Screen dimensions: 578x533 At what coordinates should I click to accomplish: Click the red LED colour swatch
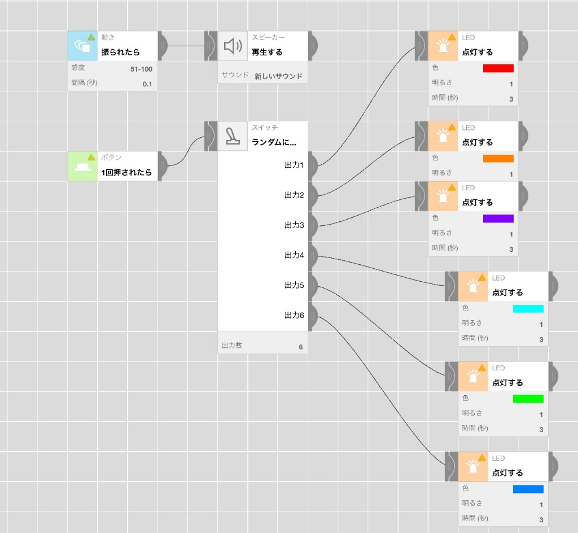coord(498,68)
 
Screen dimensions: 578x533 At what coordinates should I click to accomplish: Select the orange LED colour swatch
coord(498,159)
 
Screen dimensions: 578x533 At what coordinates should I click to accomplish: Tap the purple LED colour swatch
coord(498,219)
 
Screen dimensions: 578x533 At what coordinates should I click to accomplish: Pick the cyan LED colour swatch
coord(528,308)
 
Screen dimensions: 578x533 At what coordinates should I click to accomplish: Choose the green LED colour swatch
coord(528,399)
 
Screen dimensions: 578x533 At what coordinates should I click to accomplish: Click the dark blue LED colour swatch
coord(528,489)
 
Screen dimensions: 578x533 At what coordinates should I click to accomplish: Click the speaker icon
coord(233,46)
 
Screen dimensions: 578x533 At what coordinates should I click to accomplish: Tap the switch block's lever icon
coord(233,136)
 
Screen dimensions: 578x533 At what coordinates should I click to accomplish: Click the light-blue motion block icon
coord(82,46)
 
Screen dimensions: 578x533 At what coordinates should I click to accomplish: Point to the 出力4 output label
coord(294,255)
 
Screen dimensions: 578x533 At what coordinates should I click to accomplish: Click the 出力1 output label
coord(294,165)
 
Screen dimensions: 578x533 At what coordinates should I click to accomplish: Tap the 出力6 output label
coord(294,315)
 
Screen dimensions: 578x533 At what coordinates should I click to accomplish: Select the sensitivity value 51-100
coord(141,69)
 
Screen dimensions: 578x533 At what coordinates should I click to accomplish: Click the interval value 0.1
coord(147,84)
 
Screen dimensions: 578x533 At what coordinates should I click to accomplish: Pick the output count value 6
coord(301,347)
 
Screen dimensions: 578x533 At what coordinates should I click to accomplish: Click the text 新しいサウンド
coord(278,76)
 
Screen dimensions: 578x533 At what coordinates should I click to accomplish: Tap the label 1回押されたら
coord(126,172)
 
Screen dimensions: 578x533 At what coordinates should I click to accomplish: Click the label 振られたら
coord(121,52)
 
